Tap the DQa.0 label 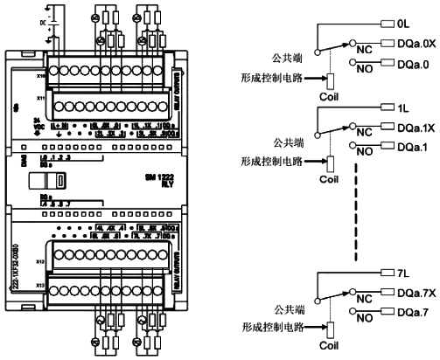click(414, 63)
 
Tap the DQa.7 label click(414, 313)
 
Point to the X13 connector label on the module click(41, 285)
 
